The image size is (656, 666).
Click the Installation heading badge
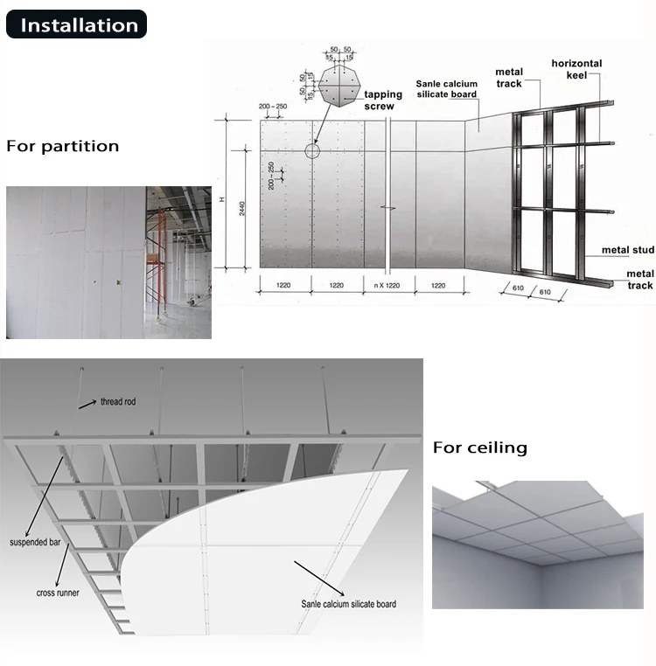pyautogui.click(x=77, y=25)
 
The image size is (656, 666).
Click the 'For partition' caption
pyautogui.click(x=63, y=146)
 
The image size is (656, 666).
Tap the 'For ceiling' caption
pyautogui.click(x=480, y=448)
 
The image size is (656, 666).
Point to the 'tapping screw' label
pyautogui.click(x=383, y=100)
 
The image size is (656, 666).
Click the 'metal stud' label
pyautogui.click(x=627, y=251)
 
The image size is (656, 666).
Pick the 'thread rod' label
pyautogui.click(x=118, y=401)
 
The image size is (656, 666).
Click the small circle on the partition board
pyautogui.click(x=312, y=150)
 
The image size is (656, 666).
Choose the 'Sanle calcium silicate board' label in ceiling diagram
pyautogui.click(x=347, y=604)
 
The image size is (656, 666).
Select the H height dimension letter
pyautogui.click(x=222, y=200)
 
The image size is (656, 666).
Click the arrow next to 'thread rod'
pyautogui.click(x=86, y=405)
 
